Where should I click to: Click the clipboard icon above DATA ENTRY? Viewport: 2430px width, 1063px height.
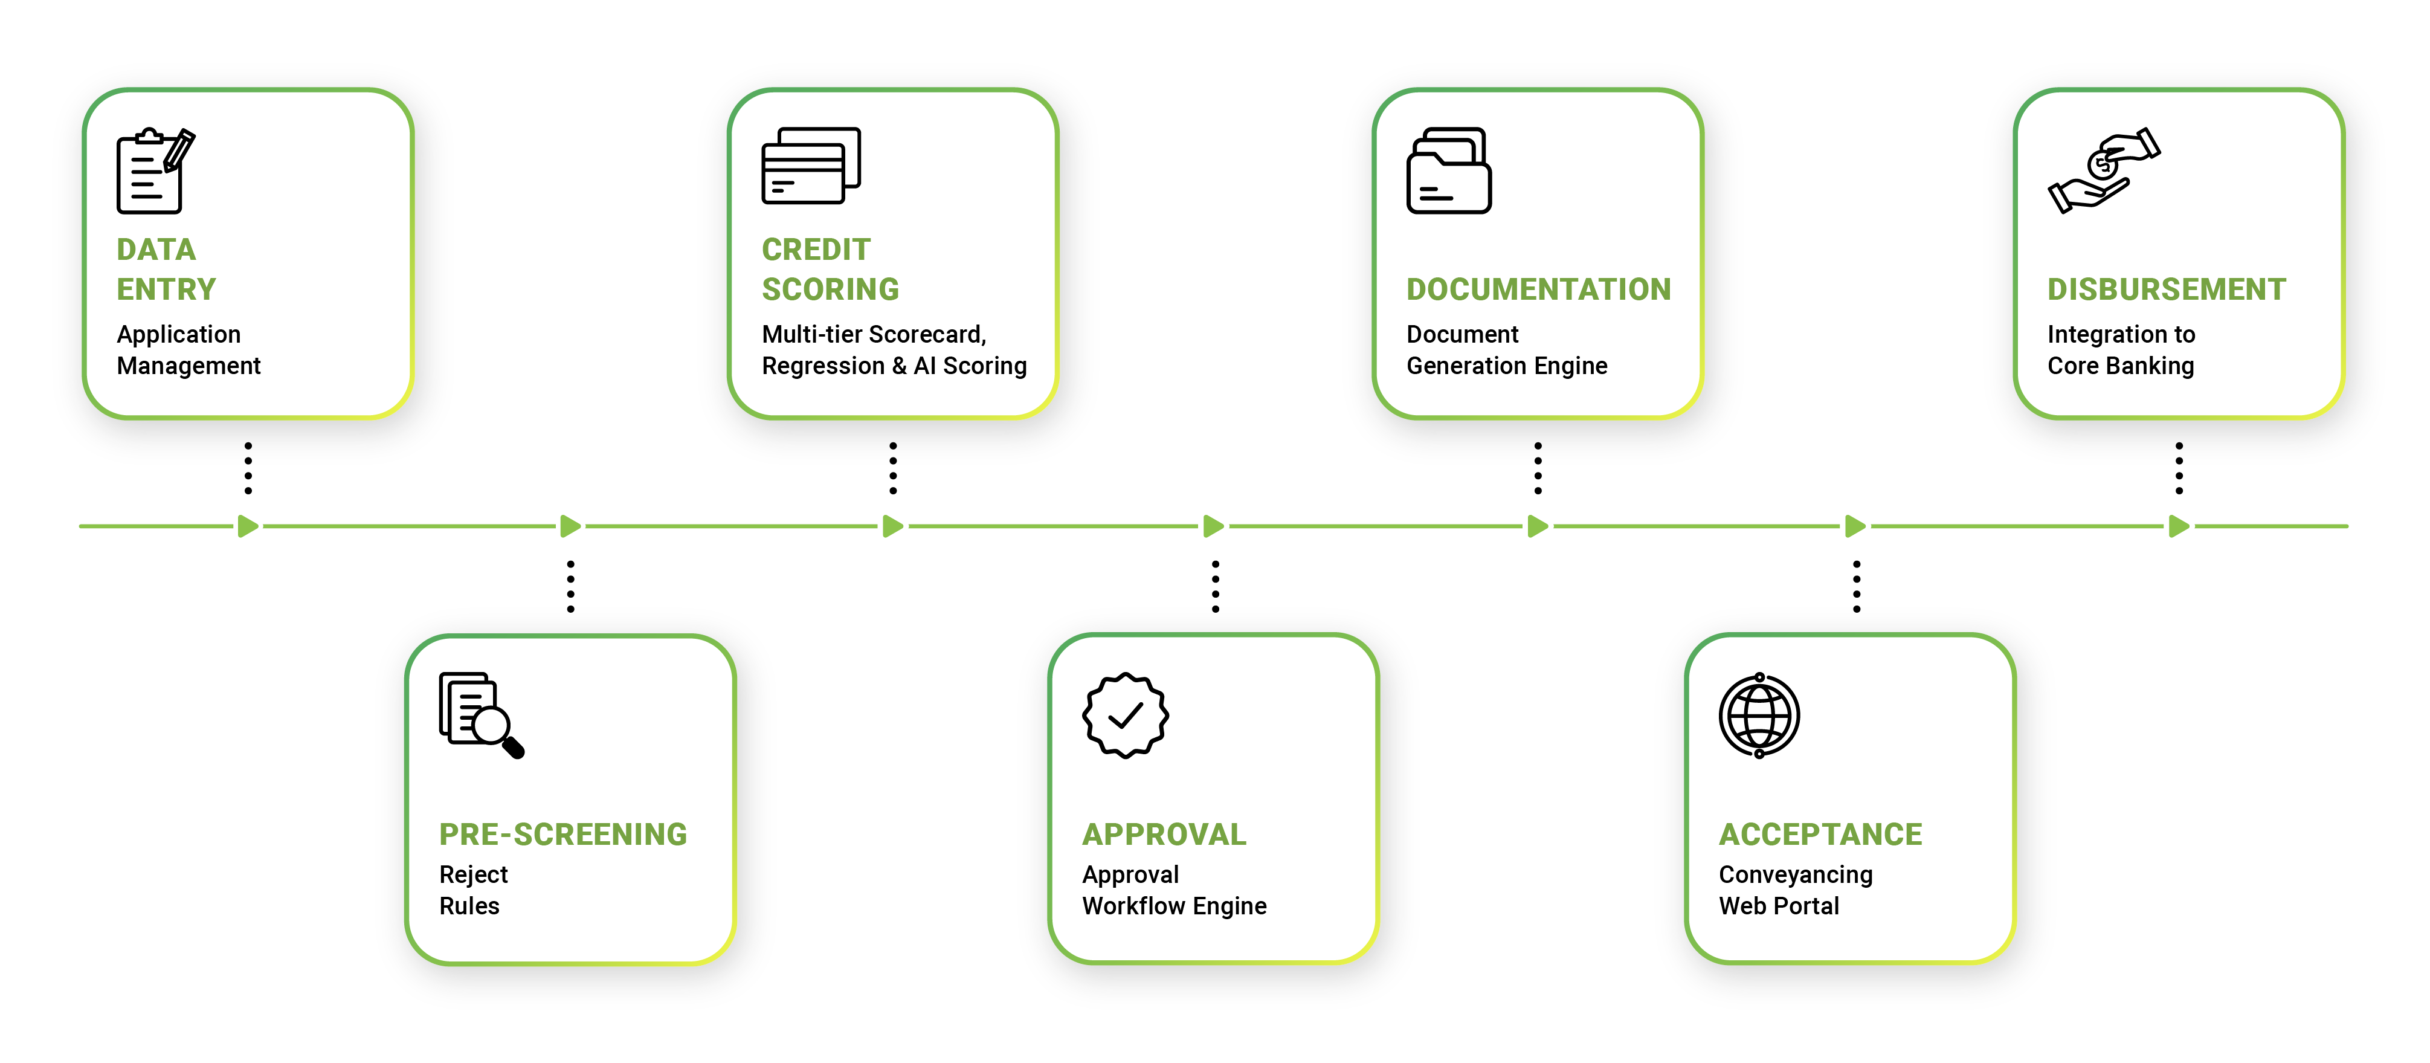point(153,172)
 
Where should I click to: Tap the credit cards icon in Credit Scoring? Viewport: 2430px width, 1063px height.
point(810,166)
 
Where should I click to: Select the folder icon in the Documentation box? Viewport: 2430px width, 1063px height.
point(1448,172)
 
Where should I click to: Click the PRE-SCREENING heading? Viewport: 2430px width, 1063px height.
point(562,834)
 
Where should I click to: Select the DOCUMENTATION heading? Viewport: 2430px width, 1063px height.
point(1538,289)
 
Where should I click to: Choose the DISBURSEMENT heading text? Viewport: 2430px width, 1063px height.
point(2166,289)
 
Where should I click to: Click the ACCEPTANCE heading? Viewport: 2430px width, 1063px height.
point(1820,834)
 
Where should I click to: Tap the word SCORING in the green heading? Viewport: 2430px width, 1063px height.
point(830,289)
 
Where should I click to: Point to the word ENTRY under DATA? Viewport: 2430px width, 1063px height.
point(166,289)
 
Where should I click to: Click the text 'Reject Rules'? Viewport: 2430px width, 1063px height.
point(472,890)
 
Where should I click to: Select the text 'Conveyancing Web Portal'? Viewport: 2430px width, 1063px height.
point(1795,890)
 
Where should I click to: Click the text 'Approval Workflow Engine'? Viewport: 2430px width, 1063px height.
point(1173,890)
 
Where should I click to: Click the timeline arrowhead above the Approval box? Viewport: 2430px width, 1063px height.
point(1213,526)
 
